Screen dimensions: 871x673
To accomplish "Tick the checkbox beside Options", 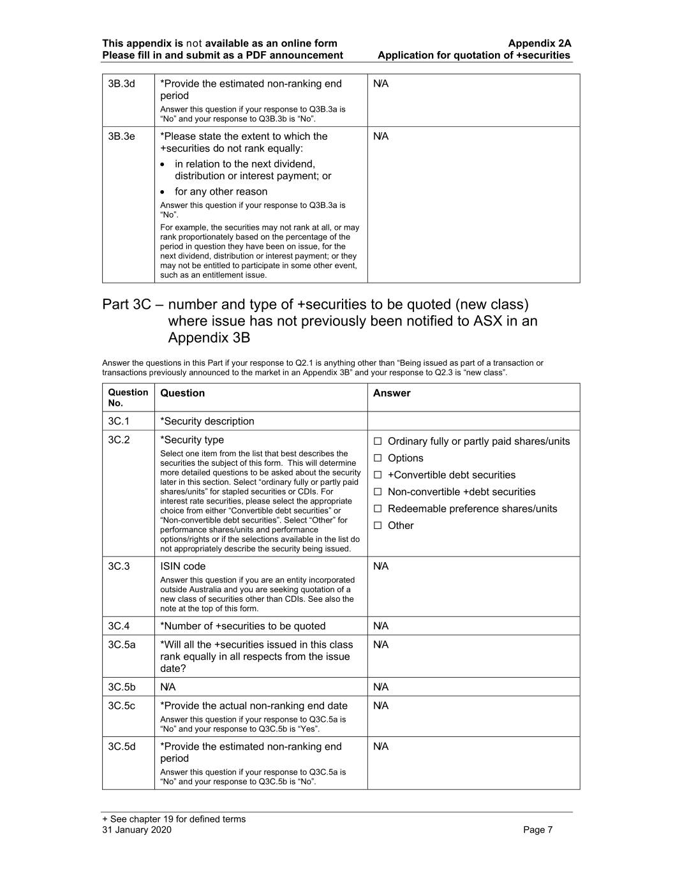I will pyautogui.click(x=378, y=458).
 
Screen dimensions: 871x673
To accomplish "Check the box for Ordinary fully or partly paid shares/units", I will pyautogui.click(x=378, y=442).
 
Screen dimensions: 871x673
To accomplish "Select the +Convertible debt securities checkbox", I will pyautogui.click(x=378, y=475).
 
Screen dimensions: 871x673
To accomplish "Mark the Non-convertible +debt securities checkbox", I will pyautogui.click(x=378, y=492).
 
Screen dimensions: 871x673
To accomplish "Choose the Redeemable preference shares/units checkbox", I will pyautogui.click(x=378, y=509).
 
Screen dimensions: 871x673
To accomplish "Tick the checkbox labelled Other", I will pyautogui.click(x=378, y=526).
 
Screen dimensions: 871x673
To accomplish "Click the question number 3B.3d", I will pyautogui.click(x=121, y=84).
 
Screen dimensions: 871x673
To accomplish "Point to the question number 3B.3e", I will pyautogui.click(x=121, y=136).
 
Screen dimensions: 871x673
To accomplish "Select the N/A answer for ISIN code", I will pyautogui.click(x=381, y=566).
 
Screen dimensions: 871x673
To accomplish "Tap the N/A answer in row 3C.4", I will pyautogui.click(x=381, y=626).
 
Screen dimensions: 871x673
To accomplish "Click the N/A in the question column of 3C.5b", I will pyautogui.click(x=168, y=687).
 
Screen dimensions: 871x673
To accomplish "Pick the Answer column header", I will pyautogui.click(x=392, y=393).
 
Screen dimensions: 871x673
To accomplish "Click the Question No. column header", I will pyautogui.click(x=128, y=398).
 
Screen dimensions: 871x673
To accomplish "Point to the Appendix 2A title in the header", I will pyautogui.click(x=539, y=43).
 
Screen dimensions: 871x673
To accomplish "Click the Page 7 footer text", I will pyautogui.click(x=538, y=830).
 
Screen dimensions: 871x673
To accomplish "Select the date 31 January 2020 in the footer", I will pyautogui.click(x=137, y=830).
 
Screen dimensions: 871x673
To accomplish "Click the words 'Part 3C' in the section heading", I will pyautogui.click(x=126, y=304).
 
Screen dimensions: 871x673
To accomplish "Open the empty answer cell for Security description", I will pyautogui.click(x=473, y=421).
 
